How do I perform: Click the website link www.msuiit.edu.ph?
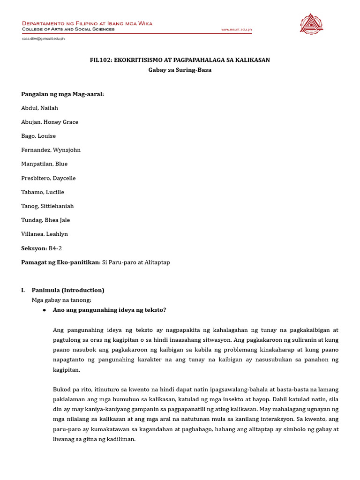click(236, 30)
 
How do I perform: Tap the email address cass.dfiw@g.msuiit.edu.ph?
click(43, 39)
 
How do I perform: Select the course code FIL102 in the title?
click(100, 60)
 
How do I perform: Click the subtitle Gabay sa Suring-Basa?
click(180, 70)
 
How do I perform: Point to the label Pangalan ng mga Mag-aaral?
click(62, 94)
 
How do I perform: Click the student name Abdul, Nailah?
click(40, 108)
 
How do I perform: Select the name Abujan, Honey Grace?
click(50, 122)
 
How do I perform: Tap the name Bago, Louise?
click(38, 136)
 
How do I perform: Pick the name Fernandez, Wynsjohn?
click(51, 150)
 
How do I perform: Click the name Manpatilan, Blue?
click(45, 164)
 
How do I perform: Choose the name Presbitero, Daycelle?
click(48, 178)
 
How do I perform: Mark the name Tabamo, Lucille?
click(43, 192)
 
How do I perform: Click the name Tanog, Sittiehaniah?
click(47, 206)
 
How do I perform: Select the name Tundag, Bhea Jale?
click(45, 220)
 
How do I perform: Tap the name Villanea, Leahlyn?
click(44, 234)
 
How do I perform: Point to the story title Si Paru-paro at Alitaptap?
click(136, 262)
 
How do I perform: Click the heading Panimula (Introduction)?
click(68, 290)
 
